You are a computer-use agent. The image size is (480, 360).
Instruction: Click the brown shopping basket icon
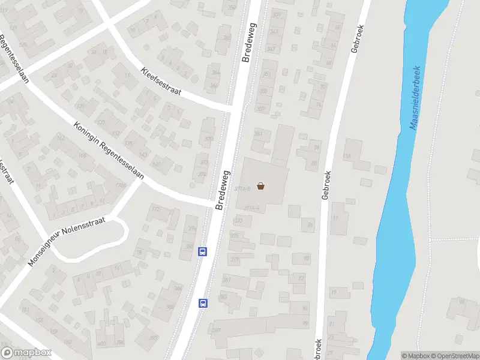(261, 186)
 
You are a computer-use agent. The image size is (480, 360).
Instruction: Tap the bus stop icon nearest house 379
(203, 252)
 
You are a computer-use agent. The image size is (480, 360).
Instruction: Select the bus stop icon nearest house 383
(203, 304)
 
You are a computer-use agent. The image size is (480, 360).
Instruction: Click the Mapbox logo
(26, 353)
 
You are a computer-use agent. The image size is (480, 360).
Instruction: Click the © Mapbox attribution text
(416, 356)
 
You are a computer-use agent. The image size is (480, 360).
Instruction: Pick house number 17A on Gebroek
(346, 157)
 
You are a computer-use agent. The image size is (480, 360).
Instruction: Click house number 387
(154, 338)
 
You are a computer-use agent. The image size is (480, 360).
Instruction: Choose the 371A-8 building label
(242, 189)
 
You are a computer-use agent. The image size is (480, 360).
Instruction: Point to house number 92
(301, 278)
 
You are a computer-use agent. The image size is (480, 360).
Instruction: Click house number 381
(227, 280)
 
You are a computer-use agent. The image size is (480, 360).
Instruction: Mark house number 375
(234, 236)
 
